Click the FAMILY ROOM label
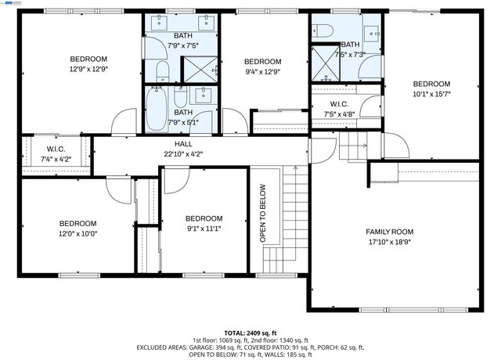390,232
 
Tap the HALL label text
182,144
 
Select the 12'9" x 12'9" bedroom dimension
88,70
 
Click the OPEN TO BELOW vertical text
263,213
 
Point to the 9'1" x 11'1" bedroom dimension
204,229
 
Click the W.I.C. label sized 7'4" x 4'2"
55,149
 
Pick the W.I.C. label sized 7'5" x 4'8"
339,104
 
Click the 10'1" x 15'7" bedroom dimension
431,94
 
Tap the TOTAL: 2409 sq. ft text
250,333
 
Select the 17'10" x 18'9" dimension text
390,243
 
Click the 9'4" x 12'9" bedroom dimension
262,72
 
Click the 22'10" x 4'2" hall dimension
182,154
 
